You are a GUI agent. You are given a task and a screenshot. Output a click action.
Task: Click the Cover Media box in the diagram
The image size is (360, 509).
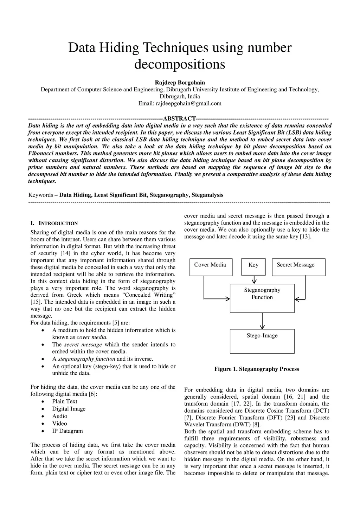(210, 267)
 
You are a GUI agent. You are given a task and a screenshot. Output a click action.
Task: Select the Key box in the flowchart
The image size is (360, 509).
(253, 267)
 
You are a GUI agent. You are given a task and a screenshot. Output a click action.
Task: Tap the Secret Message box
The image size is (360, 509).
(298, 267)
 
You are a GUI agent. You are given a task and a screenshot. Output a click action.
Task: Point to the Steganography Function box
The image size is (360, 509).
(262, 298)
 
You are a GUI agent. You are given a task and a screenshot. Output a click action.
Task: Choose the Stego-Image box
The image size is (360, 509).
(262, 341)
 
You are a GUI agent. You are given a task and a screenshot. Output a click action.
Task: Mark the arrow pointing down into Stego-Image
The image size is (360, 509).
(262, 321)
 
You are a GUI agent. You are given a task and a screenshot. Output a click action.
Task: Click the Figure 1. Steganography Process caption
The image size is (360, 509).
(257, 369)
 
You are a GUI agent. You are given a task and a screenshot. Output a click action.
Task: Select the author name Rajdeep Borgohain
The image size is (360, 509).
(180, 83)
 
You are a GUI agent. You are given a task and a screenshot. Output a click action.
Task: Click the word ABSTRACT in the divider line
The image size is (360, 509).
(180, 118)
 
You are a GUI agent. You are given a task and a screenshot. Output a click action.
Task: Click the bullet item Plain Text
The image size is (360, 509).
(65, 401)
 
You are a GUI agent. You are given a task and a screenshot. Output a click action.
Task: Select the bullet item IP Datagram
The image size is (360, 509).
(67, 431)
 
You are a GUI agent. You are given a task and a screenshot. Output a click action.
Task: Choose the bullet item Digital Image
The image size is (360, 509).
(69, 409)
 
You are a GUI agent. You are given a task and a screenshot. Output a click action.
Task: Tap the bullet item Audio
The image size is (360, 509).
(60, 416)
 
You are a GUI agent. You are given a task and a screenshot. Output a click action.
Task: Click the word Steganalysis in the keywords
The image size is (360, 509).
(207, 195)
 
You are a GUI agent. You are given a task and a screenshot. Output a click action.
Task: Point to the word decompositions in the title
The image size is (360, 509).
(180, 64)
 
